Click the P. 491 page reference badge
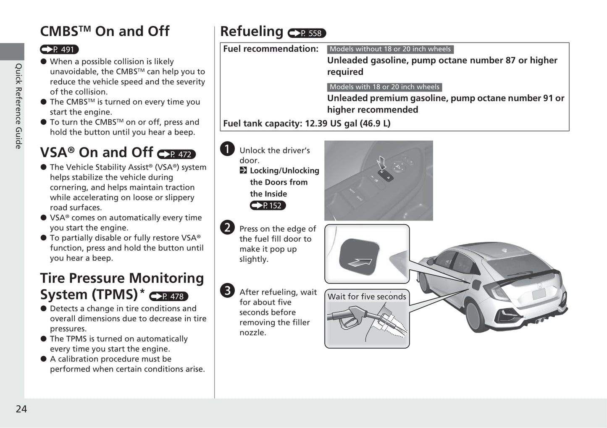(59, 50)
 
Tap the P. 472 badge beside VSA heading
(176, 154)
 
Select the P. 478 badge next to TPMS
(168, 296)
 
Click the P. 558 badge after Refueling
(307, 33)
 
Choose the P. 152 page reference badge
(268, 205)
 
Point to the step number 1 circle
(227, 149)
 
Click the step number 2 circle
(227, 227)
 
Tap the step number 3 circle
(227, 290)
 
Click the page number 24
(21, 409)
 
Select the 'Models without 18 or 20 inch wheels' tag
(390, 49)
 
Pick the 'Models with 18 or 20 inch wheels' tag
(384, 87)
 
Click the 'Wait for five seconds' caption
(367, 297)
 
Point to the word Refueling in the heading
(252, 32)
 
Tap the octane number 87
(510, 60)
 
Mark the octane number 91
(548, 98)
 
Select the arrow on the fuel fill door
(360, 263)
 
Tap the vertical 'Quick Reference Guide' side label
(18, 106)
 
